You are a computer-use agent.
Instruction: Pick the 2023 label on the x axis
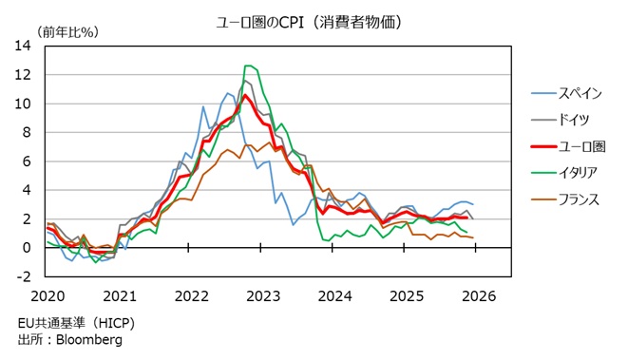click(262, 294)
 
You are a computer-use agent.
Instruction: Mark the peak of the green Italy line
click(248, 66)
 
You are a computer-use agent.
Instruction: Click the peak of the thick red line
click(245, 95)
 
